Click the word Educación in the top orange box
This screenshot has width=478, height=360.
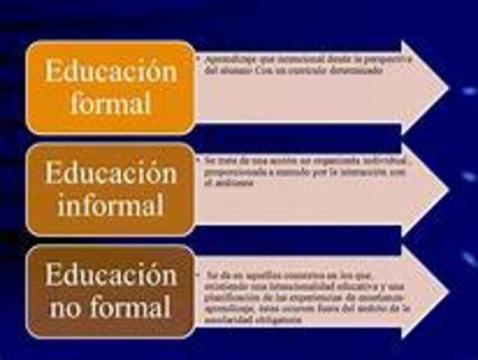point(111,71)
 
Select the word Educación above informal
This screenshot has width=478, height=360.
point(111,172)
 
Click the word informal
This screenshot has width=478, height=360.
point(111,204)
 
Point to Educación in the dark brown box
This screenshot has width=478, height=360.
point(111,274)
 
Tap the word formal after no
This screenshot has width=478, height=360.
point(132,306)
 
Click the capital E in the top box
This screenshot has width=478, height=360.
point(52,72)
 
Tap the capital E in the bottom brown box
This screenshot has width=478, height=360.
point(52,275)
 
